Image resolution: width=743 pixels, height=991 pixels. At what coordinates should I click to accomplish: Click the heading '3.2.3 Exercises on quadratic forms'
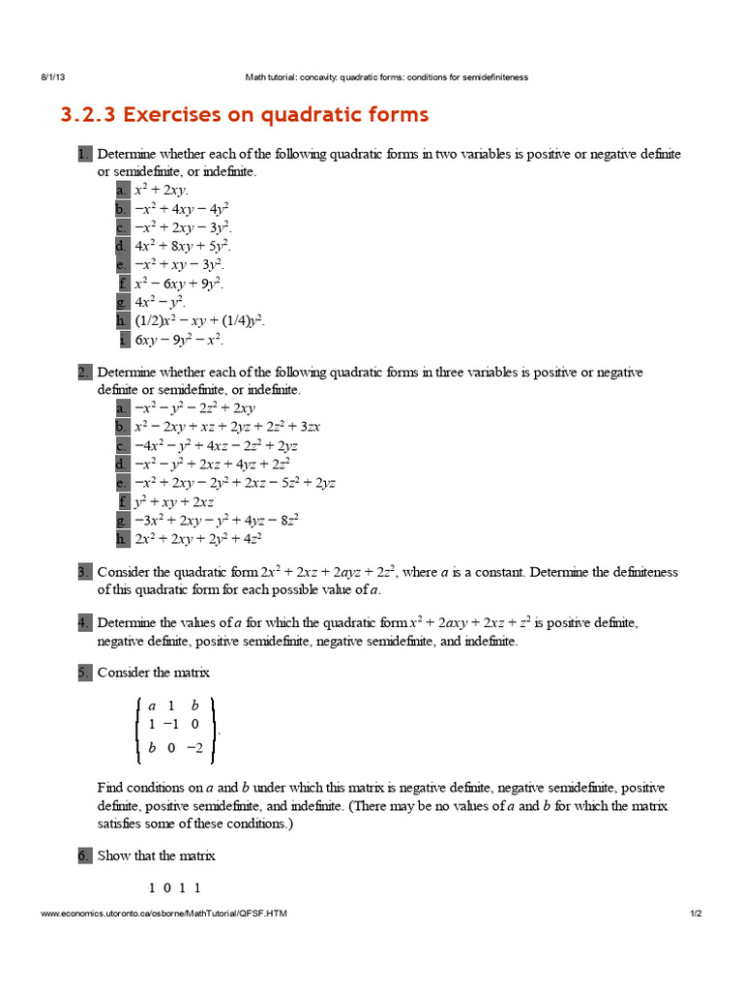click(x=245, y=115)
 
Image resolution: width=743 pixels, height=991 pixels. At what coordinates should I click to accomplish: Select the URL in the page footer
click(x=163, y=914)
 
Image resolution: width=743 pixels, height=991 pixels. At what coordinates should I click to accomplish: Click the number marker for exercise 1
click(x=84, y=155)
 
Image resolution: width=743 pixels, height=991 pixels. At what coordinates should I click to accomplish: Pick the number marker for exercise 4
click(x=84, y=623)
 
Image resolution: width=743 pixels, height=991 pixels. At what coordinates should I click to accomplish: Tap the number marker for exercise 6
click(x=84, y=856)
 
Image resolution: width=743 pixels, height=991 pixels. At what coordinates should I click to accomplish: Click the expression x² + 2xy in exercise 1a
click(x=162, y=191)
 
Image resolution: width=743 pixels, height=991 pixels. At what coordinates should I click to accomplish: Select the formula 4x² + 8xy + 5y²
click(x=183, y=246)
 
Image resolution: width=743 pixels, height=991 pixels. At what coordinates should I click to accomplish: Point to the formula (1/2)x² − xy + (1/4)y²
click(x=199, y=320)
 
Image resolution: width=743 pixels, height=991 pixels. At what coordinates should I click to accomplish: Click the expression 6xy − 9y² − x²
click(x=179, y=340)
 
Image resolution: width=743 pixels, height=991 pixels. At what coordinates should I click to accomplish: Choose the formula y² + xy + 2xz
click(x=174, y=502)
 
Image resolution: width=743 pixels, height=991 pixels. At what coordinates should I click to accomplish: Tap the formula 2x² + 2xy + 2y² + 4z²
click(x=198, y=539)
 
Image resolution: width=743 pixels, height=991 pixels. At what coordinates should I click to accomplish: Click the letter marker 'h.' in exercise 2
click(x=122, y=539)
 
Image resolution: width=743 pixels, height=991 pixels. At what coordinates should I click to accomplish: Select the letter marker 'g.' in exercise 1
click(x=122, y=302)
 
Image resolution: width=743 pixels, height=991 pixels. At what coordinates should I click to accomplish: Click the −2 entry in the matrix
click(x=194, y=747)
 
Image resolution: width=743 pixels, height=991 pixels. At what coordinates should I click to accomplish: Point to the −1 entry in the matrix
click(x=171, y=724)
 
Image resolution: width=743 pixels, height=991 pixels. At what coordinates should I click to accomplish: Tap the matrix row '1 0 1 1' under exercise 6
click(x=175, y=887)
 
